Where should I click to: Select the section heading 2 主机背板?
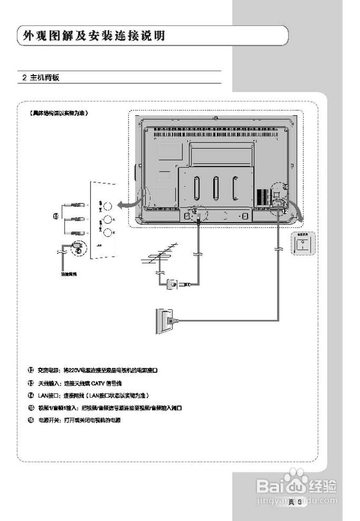41,77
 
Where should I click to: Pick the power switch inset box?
301,244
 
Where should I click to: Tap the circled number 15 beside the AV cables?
56,216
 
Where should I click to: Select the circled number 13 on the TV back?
195,212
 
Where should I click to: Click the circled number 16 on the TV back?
285,186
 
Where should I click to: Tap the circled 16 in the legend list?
31,420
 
